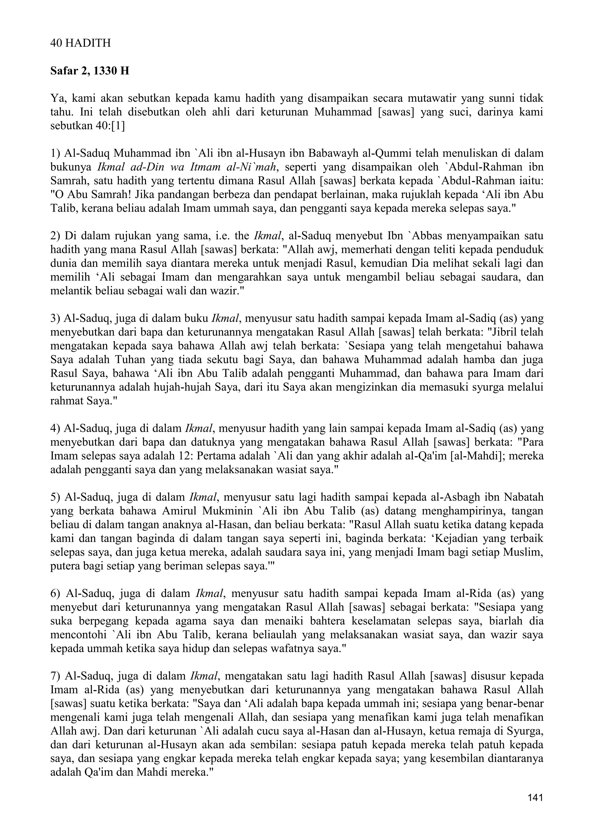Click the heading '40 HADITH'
(80, 43)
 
